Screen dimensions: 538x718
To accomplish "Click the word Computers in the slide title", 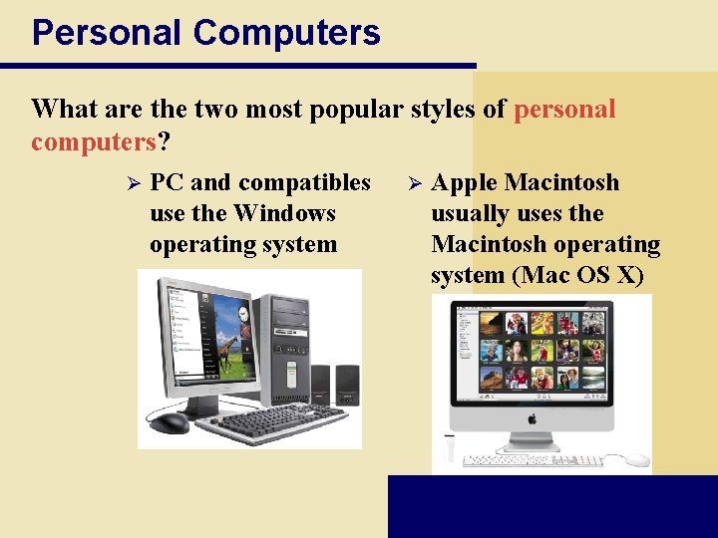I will (x=286, y=32).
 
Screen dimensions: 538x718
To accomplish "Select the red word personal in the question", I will (x=564, y=109).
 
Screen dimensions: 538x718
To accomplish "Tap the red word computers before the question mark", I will (x=94, y=141).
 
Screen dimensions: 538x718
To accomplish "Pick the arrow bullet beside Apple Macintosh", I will (x=417, y=183).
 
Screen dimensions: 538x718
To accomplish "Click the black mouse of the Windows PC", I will (x=170, y=422).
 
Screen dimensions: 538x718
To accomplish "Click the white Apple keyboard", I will (x=534, y=461).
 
